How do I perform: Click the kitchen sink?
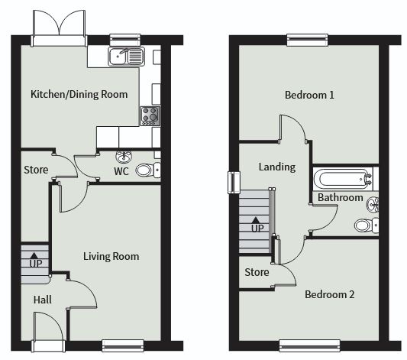(127, 57)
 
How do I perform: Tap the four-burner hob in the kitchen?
(150, 116)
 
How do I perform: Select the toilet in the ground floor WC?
(148, 170)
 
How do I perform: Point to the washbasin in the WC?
(124, 157)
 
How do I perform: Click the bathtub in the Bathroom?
(343, 179)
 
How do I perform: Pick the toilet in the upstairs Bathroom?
(367, 225)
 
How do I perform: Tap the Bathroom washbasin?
(373, 204)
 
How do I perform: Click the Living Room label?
(111, 257)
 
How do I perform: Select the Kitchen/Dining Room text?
(79, 94)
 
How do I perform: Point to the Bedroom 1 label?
(309, 95)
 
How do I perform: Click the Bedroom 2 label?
(329, 294)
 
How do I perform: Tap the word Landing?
(277, 167)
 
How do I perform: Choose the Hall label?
(43, 300)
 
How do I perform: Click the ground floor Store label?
(36, 170)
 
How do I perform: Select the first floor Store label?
(257, 272)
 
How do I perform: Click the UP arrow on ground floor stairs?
(34, 255)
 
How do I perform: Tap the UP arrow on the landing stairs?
(256, 220)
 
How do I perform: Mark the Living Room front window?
(123, 345)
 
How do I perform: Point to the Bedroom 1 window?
(307, 40)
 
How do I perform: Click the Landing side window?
(234, 183)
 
